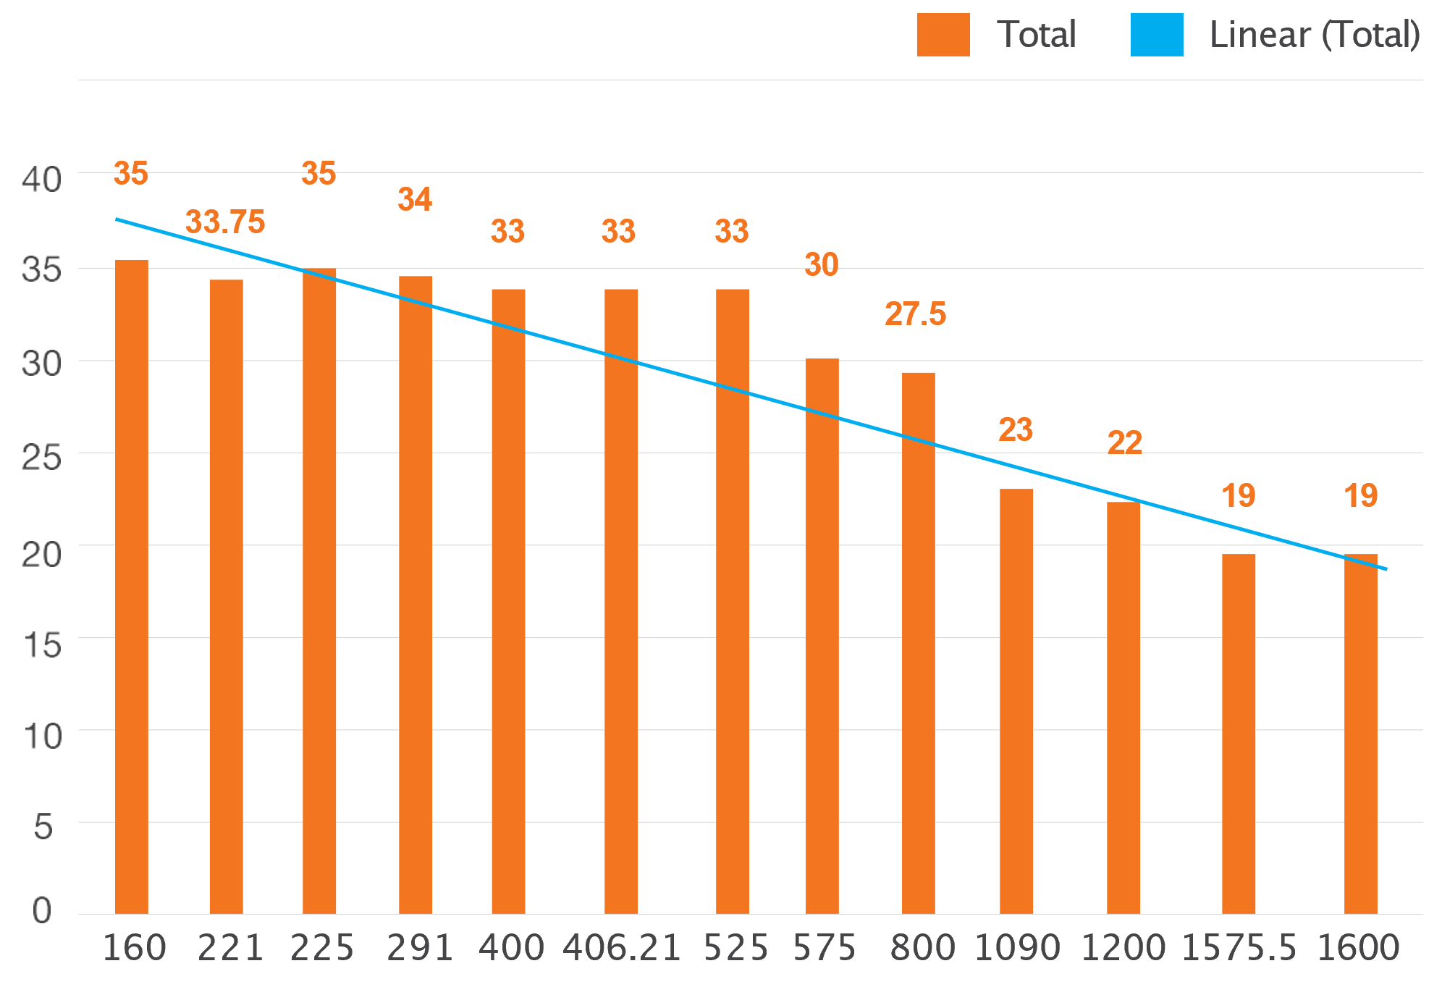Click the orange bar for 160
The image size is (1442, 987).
[x=132, y=587]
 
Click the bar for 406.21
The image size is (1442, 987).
[x=621, y=601]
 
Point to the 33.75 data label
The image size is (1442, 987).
[x=225, y=222]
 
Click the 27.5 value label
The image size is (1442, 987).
[x=915, y=314]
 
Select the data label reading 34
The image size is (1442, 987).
[x=415, y=200]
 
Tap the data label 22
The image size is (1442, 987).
[x=1124, y=443]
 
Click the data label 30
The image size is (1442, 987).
[x=822, y=265]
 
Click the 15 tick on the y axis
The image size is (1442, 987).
[x=42, y=644]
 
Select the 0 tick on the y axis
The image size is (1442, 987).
[x=42, y=910]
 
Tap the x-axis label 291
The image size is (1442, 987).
[x=420, y=948]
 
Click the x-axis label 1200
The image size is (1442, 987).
[x=1123, y=948]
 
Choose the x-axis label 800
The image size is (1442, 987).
[x=922, y=948]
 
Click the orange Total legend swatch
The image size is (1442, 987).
[x=943, y=35]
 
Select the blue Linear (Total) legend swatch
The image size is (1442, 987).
[x=1157, y=35]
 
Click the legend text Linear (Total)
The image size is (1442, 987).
[x=1314, y=35]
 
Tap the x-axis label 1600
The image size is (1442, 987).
[x=1358, y=948]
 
